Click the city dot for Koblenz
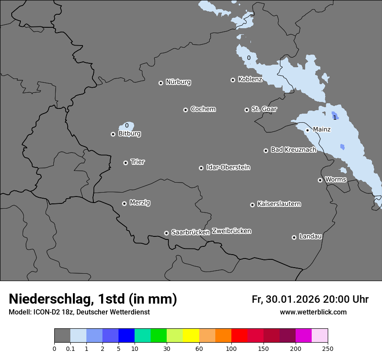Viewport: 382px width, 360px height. pyautogui.click(x=233, y=80)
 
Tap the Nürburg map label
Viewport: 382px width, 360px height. pyautogui.click(x=178, y=82)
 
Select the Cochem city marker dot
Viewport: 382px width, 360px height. pyautogui.click(x=185, y=110)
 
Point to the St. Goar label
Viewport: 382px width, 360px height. pyautogui.click(x=264, y=109)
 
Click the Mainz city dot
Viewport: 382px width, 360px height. pyautogui.click(x=307, y=130)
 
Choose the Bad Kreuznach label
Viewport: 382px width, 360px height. pyautogui.click(x=293, y=150)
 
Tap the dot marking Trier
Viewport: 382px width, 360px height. pyautogui.click(x=126, y=163)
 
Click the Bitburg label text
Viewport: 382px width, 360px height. pyautogui.click(x=129, y=134)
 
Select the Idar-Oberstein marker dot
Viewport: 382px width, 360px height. pyautogui.click(x=201, y=168)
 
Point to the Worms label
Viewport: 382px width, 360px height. pyautogui.click(x=336, y=179)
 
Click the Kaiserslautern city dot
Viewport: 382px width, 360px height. pyautogui.click(x=252, y=205)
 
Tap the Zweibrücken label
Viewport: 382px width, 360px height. pyautogui.click(x=231, y=231)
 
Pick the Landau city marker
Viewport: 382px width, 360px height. pyautogui.click(x=294, y=237)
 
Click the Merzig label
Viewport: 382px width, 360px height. pyautogui.click(x=140, y=203)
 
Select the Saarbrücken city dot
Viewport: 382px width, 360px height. pyautogui.click(x=166, y=233)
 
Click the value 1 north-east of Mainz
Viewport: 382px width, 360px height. pyautogui.click(x=335, y=118)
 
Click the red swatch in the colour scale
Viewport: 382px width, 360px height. pyautogui.click(x=239, y=336)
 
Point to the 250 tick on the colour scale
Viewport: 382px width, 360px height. pyautogui.click(x=328, y=348)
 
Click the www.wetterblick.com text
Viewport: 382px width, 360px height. pyautogui.click(x=313, y=312)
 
